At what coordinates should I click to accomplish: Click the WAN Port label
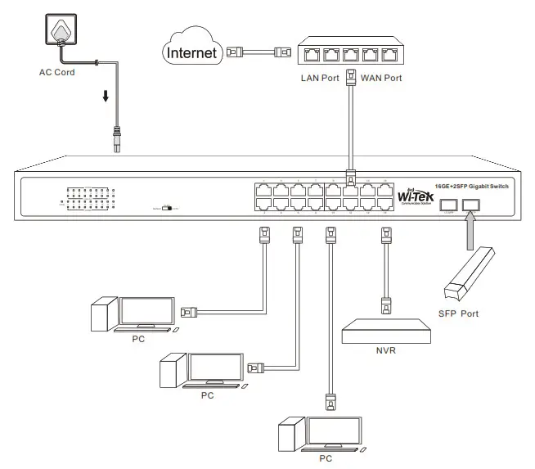point(381,79)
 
